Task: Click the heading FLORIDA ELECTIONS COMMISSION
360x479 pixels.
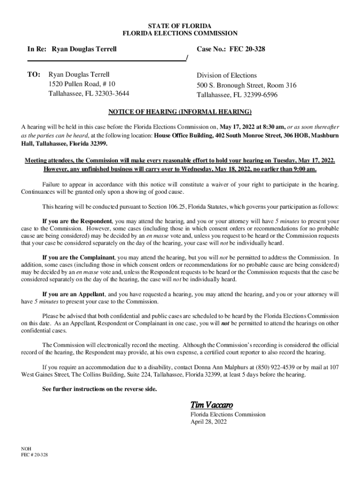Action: coord(180,33)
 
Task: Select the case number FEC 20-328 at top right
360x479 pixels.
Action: coord(247,49)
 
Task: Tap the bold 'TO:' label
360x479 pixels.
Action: coord(35,74)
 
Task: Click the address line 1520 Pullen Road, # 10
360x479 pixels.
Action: coord(82,84)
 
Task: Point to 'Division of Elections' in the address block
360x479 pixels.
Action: coord(227,75)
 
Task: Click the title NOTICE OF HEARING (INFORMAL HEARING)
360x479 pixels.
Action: coord(180,112)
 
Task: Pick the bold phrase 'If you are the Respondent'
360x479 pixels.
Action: coord(77,221)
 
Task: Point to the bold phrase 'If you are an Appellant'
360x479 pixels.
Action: coord(73,294)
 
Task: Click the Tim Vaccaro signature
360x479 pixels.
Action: coord(211,405)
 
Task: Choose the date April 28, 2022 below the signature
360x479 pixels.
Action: coord(208,421)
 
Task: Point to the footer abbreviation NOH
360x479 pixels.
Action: coord(27,448)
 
